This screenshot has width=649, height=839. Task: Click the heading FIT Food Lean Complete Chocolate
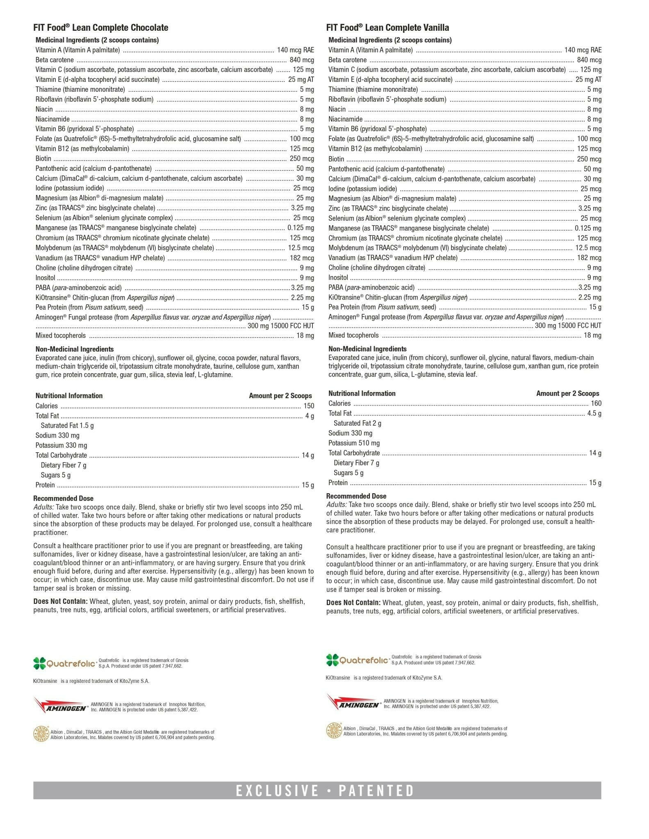click(x=101, y=28)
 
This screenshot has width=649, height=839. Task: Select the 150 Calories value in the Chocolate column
click(x=308, y=406)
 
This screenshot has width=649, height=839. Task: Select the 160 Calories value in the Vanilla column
click(x=596, y=404)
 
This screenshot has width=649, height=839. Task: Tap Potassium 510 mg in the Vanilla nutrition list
click(x=354, y=443)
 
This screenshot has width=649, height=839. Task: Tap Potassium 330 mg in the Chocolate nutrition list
click(x=61, y=445)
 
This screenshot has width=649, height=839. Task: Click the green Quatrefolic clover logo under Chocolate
click(x=40, y=663)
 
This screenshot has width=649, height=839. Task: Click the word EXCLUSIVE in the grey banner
click(x=277, y=790)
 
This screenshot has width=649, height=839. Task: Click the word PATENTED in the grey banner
click(x=376, y=790)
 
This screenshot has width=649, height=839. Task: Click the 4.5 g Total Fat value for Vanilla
click(x=594, y=413)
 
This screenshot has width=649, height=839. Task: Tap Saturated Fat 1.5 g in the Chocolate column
click(x=67, y=426)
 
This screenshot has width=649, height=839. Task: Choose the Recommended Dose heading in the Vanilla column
click(x=356, y=496)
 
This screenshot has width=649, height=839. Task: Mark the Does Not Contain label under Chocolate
click(x=60, y=601)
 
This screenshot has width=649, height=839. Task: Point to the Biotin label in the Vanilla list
click(x=336, y=159)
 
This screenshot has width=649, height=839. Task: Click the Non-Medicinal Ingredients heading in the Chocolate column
click(x=75, y=349)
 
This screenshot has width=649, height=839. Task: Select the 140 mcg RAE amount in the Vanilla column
click(x=583, y=50)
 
